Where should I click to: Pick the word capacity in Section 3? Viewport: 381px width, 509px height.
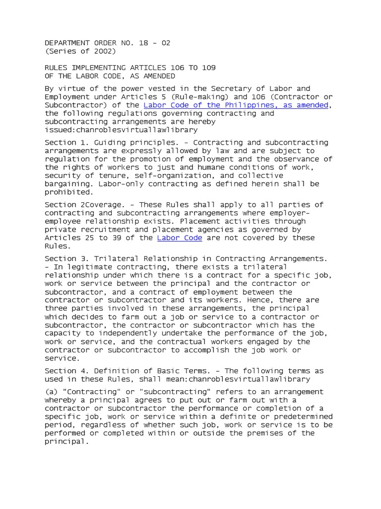(x=61, y=333)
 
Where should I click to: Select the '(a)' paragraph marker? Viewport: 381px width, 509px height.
(x=51, y=391)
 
